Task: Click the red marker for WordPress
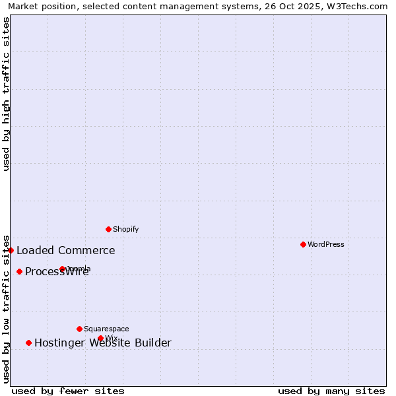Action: [x=303, y=244]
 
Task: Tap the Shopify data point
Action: [x=108, y=229]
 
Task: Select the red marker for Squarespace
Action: [x=79, y=329]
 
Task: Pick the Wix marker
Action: [x=100, y=338]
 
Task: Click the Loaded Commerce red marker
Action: [x=11, y=250]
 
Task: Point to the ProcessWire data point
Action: [x=19, y=271]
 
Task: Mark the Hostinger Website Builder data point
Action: [x=28, y=343]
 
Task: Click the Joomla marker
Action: [x=62, y=269]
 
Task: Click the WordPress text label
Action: [x=326, y=244]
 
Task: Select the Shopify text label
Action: [x=125, y=229]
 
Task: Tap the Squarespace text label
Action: [x=106, y=329]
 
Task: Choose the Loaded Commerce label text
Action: [x=66, y=250]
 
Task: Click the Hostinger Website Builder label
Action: [x=103, y=343]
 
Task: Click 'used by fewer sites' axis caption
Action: [x=68, y=391]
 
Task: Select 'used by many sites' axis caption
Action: [x=331, y=391]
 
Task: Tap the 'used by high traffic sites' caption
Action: [x=6, y=94]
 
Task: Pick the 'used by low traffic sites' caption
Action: [x=6, y=309]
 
